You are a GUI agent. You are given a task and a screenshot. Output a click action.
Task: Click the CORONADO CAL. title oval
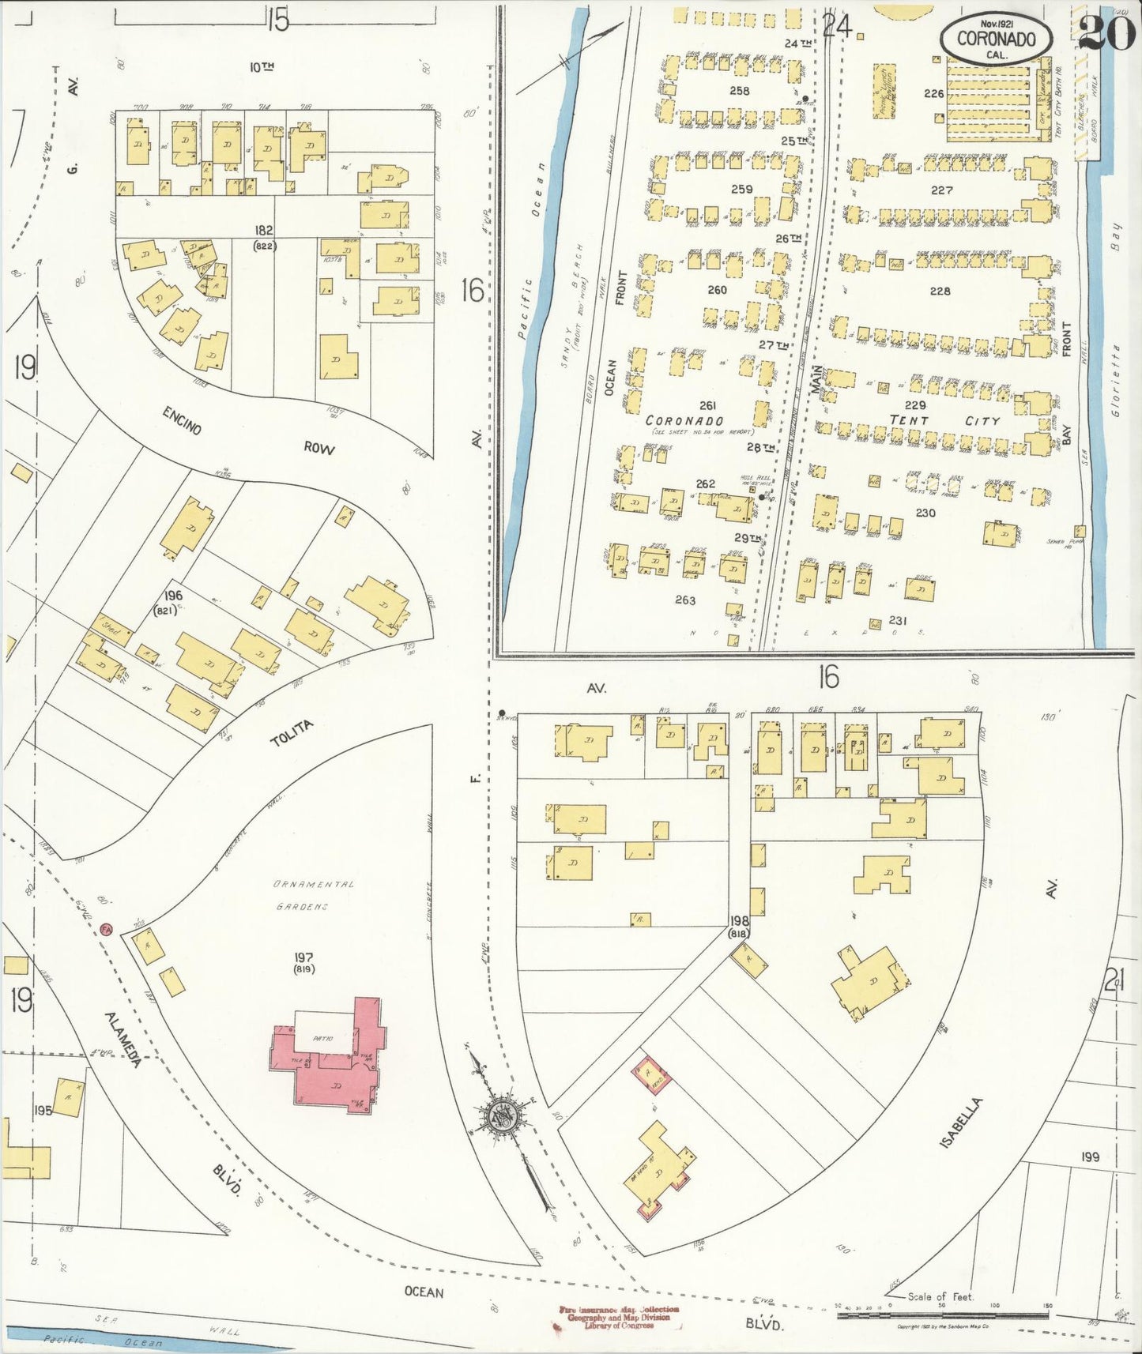point(996,38)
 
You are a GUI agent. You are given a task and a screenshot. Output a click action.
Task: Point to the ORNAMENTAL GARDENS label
point(315,895)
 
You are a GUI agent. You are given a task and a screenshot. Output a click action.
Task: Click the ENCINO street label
point(183,419)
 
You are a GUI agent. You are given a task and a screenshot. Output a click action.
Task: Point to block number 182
point(263,230)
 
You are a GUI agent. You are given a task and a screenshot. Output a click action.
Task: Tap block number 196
point(173,595)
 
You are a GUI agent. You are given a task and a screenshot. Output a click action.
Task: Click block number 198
point(739,920)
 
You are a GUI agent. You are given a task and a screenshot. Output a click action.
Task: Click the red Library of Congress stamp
point(618,1317)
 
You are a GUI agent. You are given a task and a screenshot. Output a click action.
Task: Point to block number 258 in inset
point(739,91)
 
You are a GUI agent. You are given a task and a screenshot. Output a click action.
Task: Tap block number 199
point(1090,1157)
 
